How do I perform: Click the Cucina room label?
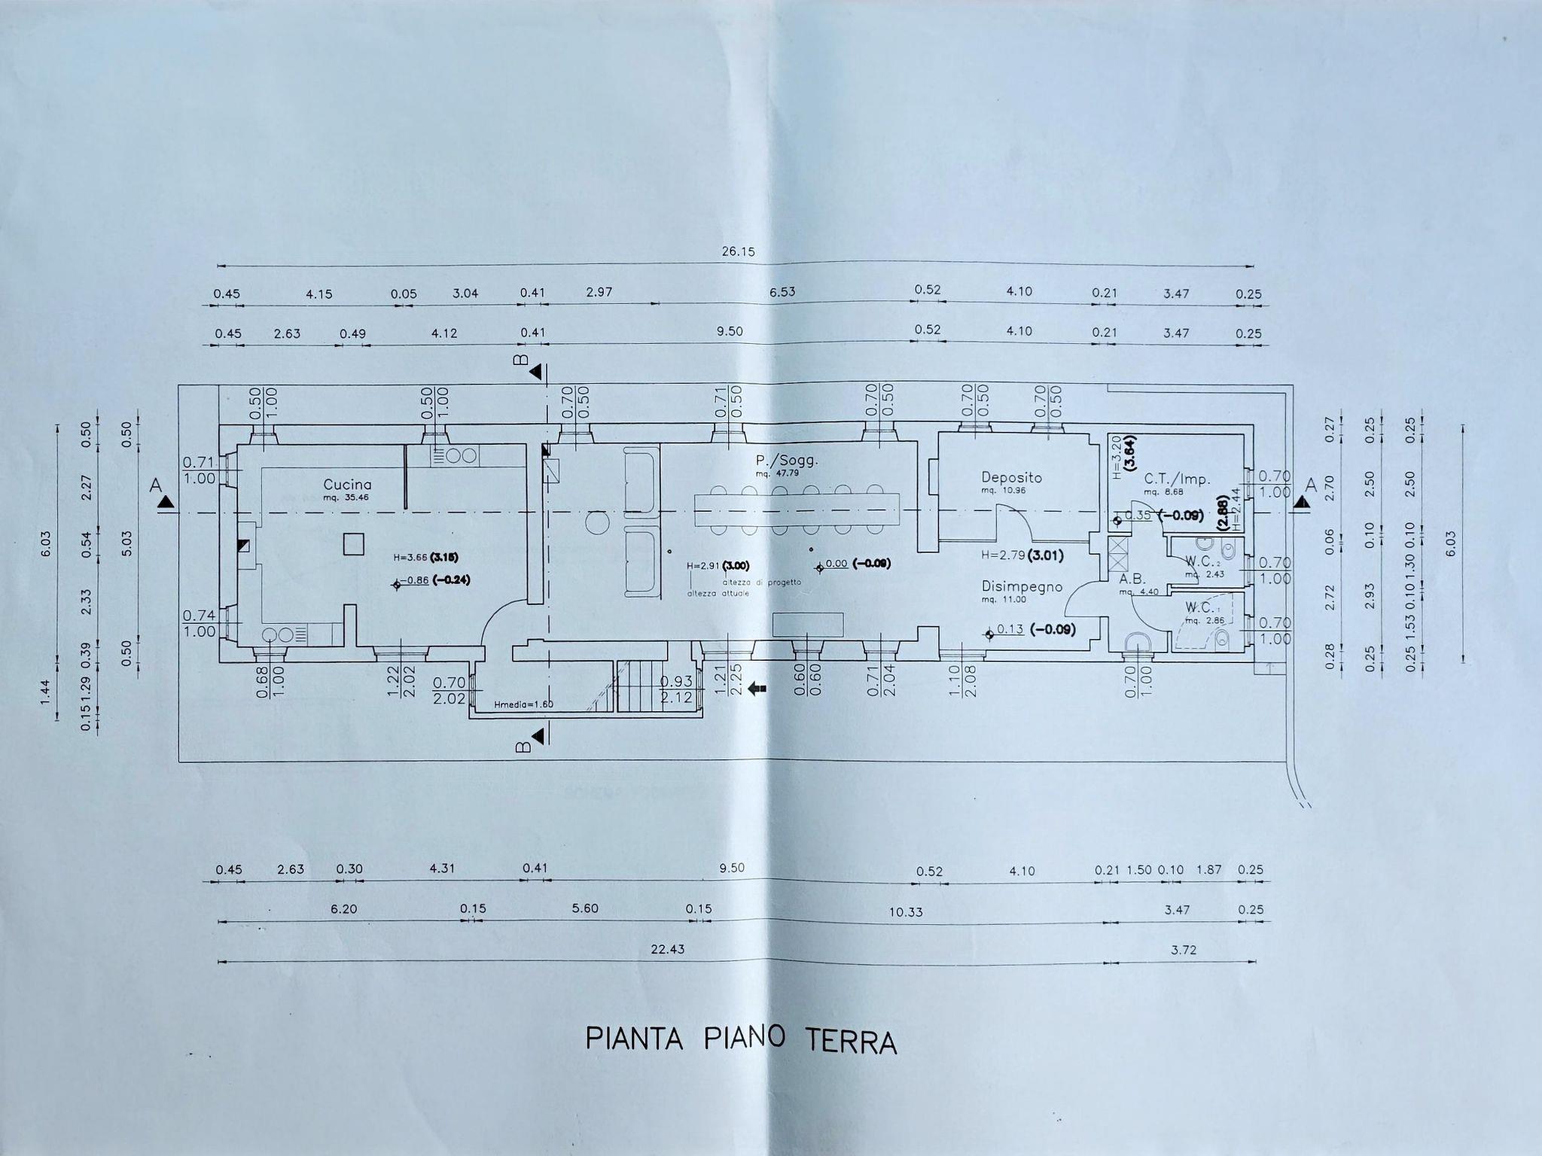(x=347, y=485)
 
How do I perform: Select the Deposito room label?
(x=1011, y=477)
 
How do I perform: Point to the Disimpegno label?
(x=1022, y=586)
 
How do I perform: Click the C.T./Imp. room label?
(x=1177, y=479)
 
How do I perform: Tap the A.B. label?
(x=1132, y=580)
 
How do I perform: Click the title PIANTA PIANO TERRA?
(x=741, y=1040)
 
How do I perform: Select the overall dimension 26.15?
(x=738, y=251)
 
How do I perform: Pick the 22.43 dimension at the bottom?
(x=667, y=950)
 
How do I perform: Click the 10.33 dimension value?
(x=905, y=911)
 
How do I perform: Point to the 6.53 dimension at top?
(x=782, y=292)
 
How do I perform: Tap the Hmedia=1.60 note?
(x=523, y=705)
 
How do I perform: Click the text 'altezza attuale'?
(x=718, y=593)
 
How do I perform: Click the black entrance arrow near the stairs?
(x=757, y=688)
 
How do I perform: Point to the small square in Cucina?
(x=353, y=543)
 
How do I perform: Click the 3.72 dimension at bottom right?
(x=1184, y=950)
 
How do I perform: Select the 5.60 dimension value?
(x=585, y=908)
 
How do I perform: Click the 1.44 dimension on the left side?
(x=44, y=688)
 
